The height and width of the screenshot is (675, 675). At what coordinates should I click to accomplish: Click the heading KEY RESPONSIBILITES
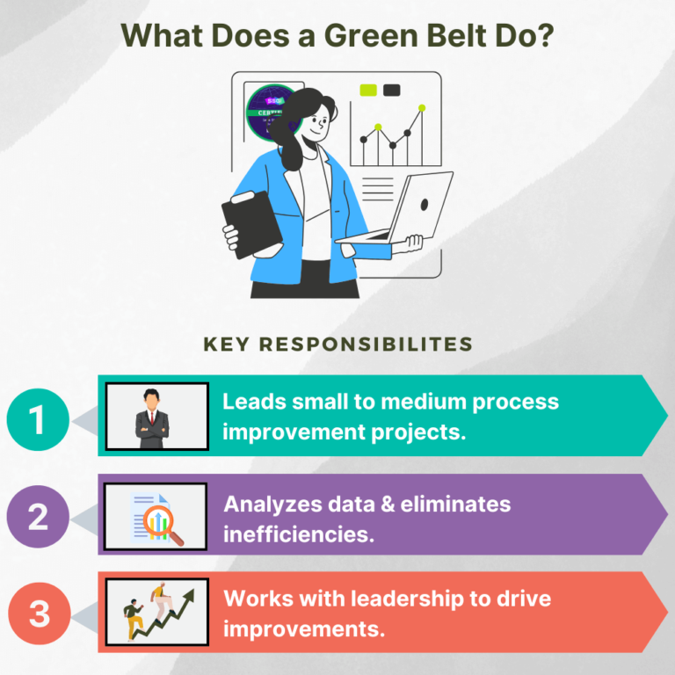click(x=338, y=343)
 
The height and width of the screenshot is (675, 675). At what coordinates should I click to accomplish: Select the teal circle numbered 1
click(x=38, y=419)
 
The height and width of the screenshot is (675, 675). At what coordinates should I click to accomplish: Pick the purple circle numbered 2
click(x=38, y=517)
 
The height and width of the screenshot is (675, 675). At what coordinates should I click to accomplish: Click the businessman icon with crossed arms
click(x=156, y=417)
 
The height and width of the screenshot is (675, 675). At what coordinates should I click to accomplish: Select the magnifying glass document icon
click(x=156, y=517)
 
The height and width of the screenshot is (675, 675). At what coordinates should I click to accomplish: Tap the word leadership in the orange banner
click(x=409, y=599)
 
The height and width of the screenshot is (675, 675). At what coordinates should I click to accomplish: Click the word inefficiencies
click(x=299, y=533)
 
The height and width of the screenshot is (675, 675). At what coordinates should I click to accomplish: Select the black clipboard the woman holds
click(x=250, y=225)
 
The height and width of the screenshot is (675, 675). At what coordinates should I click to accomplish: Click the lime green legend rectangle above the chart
click(x=368, y=90)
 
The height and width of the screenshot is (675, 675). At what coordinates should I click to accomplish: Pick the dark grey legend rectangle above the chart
click(x=392, y=90)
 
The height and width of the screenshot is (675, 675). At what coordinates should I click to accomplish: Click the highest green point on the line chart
click(x=422, y=108)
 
